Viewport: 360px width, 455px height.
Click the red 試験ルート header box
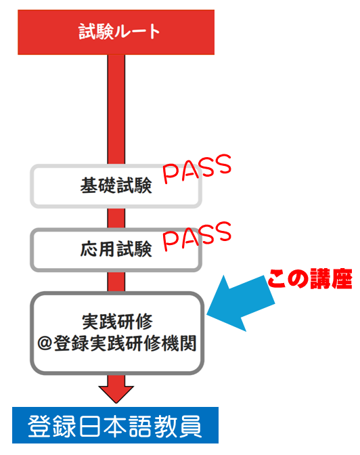[x=116, y=32]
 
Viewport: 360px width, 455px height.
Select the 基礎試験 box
[x=116, y=186]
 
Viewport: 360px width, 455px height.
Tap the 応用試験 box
[x=116, y=250]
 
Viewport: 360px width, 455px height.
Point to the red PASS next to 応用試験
[x=197, y=236]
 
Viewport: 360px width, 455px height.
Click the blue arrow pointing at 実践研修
[x=240, y=303]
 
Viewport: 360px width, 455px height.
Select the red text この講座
[x=310, y=278]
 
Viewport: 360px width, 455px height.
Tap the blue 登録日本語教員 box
[x=115, y=425]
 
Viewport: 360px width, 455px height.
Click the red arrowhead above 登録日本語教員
[x=116, y=394]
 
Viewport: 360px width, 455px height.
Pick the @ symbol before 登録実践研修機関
[x=45, y=343]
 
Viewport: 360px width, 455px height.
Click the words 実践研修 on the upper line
[x=117, y=322]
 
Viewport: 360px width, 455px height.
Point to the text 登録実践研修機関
[x=125, y=343]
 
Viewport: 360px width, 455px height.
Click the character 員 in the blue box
[x=190, y=426]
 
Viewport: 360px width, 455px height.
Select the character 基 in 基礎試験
[x=89, y=185]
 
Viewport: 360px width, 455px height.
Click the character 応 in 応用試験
[x=89, y=249]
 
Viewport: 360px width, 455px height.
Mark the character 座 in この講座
[x=342, y=279]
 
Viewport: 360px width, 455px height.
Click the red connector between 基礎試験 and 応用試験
[x=116, y=218]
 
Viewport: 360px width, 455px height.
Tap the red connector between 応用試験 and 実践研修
[x=116, y=282]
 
